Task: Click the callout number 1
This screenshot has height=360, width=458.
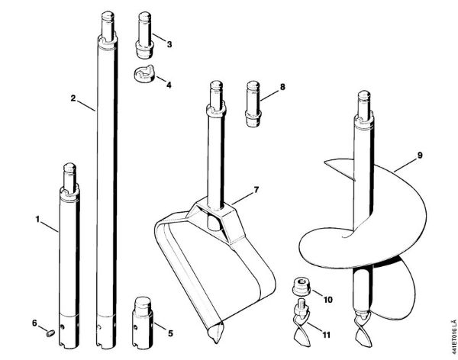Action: point(37,220)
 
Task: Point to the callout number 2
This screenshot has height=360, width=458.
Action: point(73,98)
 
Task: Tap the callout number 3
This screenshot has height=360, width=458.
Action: point(169,44)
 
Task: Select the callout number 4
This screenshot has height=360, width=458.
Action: point(169,85)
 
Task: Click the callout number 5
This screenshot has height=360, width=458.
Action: point(169,333)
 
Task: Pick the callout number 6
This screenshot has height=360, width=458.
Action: point(34,323)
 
